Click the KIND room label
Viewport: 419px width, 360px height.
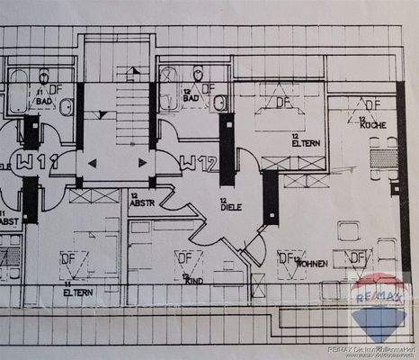[x=192, y=280]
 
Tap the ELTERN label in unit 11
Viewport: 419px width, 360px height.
[x=79, y=290]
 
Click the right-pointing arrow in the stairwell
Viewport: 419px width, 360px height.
[x=142, y=163]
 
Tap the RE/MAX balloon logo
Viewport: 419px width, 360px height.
[x=379, y=304]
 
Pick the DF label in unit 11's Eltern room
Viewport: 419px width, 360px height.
[x=67, y=258]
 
